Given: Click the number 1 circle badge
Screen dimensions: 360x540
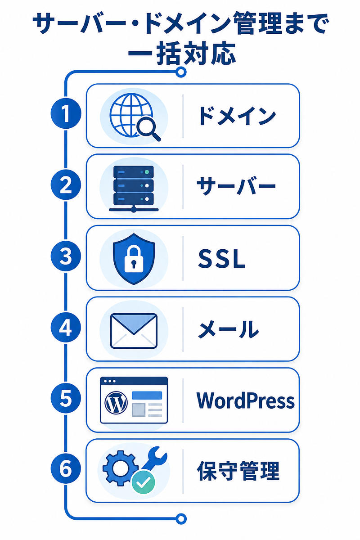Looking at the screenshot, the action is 66,113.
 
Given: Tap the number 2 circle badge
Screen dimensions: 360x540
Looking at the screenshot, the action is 66,184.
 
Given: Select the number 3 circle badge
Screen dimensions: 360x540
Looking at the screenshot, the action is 66,256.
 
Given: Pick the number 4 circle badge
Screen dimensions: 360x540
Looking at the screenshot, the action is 66,327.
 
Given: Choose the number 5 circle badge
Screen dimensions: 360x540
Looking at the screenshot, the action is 66,398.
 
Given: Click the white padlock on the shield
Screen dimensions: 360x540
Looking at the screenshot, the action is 134,261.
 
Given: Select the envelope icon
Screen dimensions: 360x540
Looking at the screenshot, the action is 134,331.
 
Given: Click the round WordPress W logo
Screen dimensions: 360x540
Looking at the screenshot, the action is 116,403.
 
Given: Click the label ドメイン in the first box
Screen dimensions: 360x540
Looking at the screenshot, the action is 237,116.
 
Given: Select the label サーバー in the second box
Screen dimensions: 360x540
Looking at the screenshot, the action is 236,185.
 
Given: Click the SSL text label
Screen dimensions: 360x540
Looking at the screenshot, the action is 221,259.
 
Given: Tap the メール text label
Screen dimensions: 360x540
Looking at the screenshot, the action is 228,329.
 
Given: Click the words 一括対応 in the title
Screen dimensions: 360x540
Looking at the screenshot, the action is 182,54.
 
